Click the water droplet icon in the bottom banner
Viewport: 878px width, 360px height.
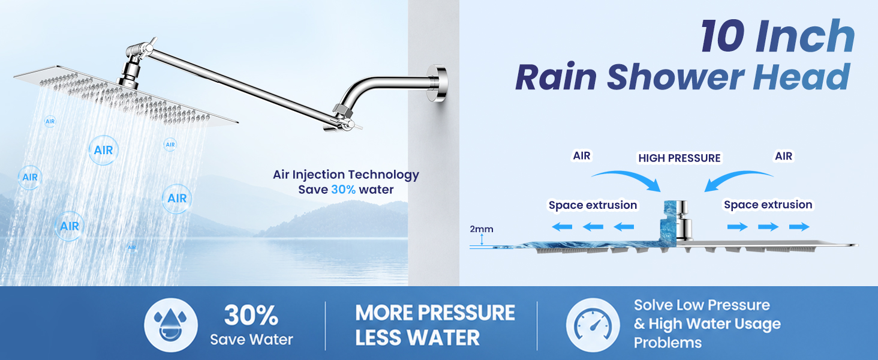170,325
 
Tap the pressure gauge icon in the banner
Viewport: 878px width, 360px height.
593,325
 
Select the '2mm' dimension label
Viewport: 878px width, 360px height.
482,229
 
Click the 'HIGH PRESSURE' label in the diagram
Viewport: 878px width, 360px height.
679,158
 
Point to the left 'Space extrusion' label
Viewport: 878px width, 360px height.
593,205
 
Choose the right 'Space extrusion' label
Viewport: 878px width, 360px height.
768,205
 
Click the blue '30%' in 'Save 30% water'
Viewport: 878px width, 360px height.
344,190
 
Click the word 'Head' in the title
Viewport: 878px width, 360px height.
801,77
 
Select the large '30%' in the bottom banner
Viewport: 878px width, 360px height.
251,315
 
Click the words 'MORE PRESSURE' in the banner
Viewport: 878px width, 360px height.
435,313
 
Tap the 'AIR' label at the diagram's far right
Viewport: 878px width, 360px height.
783,156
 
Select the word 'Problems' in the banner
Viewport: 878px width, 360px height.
667,343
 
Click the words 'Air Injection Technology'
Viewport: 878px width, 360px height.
345,175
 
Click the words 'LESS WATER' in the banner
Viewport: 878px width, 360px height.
417,338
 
